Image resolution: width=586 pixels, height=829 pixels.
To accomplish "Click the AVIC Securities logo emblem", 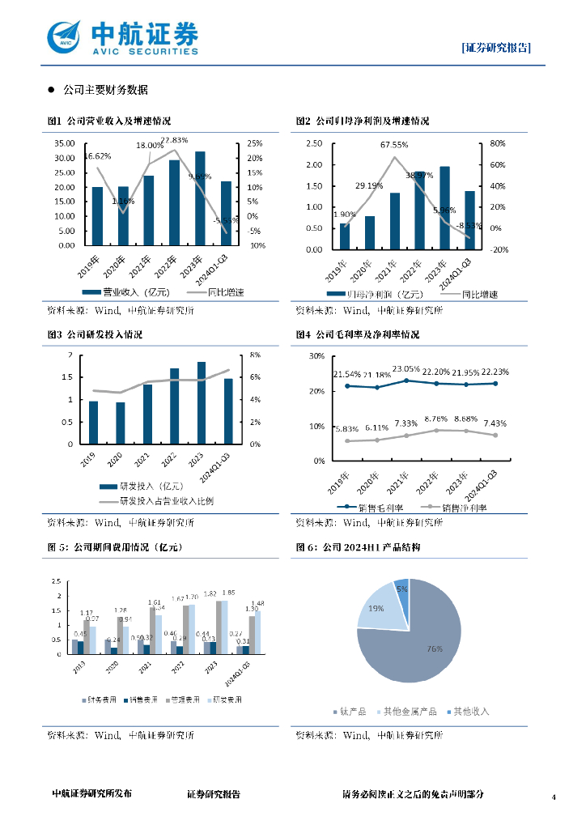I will tap(65, 36).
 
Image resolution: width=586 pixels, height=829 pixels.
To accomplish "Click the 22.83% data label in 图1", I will tap(175, 140).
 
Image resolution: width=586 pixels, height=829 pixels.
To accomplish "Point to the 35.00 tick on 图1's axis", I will tap(65, 143).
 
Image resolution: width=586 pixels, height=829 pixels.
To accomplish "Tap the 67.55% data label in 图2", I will tap(394, 146).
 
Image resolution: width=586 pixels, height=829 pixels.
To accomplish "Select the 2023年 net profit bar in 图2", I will tap(444, 208).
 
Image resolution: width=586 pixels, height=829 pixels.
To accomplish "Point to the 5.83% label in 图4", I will tap(347, 428).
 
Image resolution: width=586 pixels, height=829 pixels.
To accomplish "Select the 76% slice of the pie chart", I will tap(413, 640).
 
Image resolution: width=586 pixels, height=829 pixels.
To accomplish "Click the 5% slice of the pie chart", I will tap(401, 589).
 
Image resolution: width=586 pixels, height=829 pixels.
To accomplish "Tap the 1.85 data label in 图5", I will tap(228, 593).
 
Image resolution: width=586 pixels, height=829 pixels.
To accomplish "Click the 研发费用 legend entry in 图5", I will tap(224, 699).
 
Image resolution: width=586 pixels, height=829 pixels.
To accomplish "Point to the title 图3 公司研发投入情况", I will tap(95, 334).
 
